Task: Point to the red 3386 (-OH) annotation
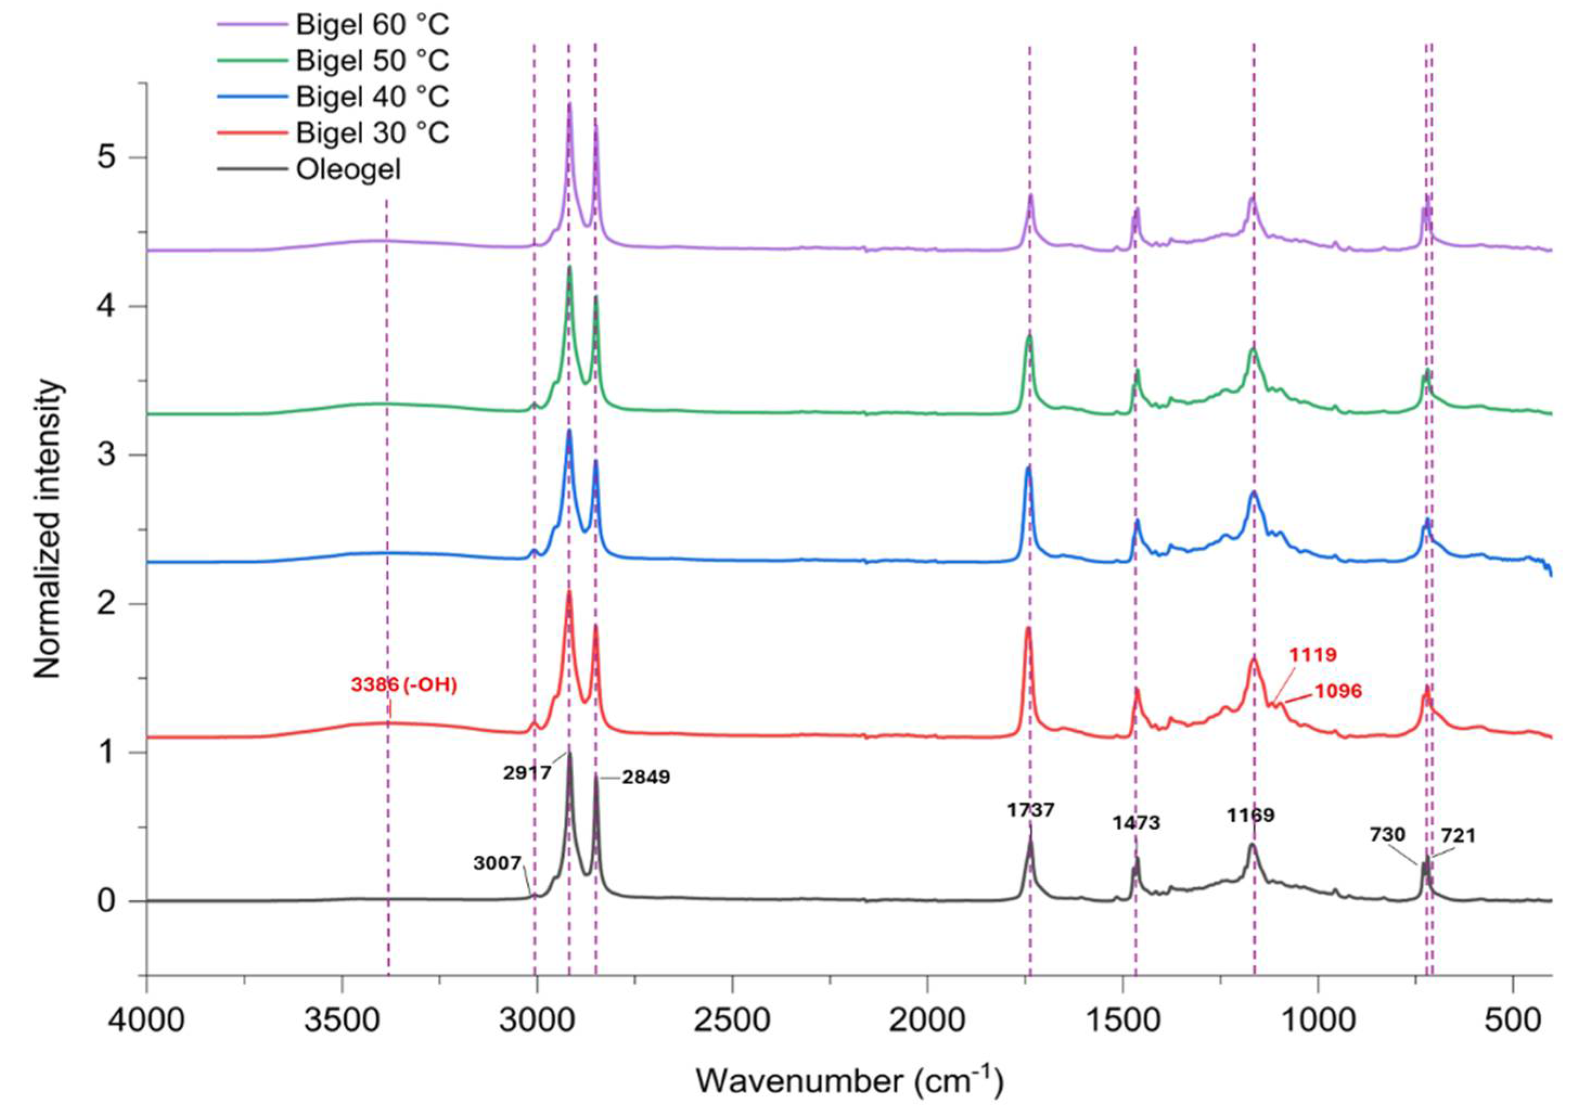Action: coord(404,685)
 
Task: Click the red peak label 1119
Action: coord(1312,654)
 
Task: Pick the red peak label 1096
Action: coord(1337,691)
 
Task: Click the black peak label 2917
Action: coord(527,772)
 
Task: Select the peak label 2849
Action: coord(646,777)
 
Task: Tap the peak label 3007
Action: coord(498,863)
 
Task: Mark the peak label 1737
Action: coord(1031,811)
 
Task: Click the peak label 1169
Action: coord(1251,816)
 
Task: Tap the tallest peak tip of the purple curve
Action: coord(570,105)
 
